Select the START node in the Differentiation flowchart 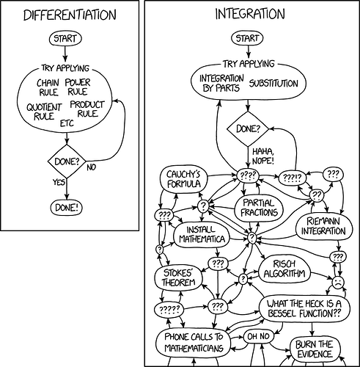pos(66,37)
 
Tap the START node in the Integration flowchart pos(247,37)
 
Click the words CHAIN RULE pos(48,87)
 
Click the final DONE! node pos(66,207)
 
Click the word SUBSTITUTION pos(274,83)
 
